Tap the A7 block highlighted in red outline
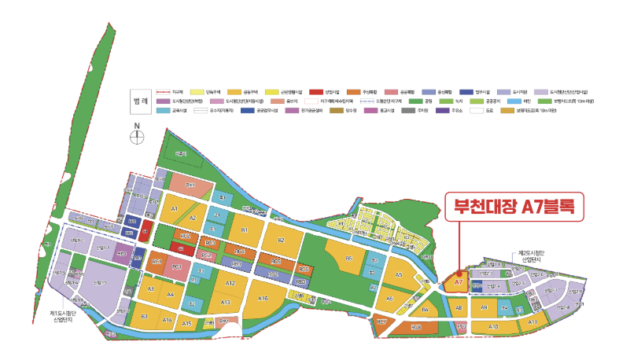pyautogui.click(x=457, y=282)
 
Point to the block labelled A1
pyautogui.click(x=175, y=210)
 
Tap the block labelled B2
pyautogui.click(x=281, y=240)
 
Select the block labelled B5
pyautogui.click(x=348, y=258)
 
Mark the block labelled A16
pyautogui.click(x=263, y=298)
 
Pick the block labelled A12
pyautogui.click(x=230, y=282)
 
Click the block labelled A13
pyautogui.click(x=225, y=302)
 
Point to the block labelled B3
pyautogui.click(x=144, y=316)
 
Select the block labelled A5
pyautogui.click(x=399, y=274)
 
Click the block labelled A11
pyautogui.click(x=532, y=322)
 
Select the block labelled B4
pyautogui.click(x=424, y=310)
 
